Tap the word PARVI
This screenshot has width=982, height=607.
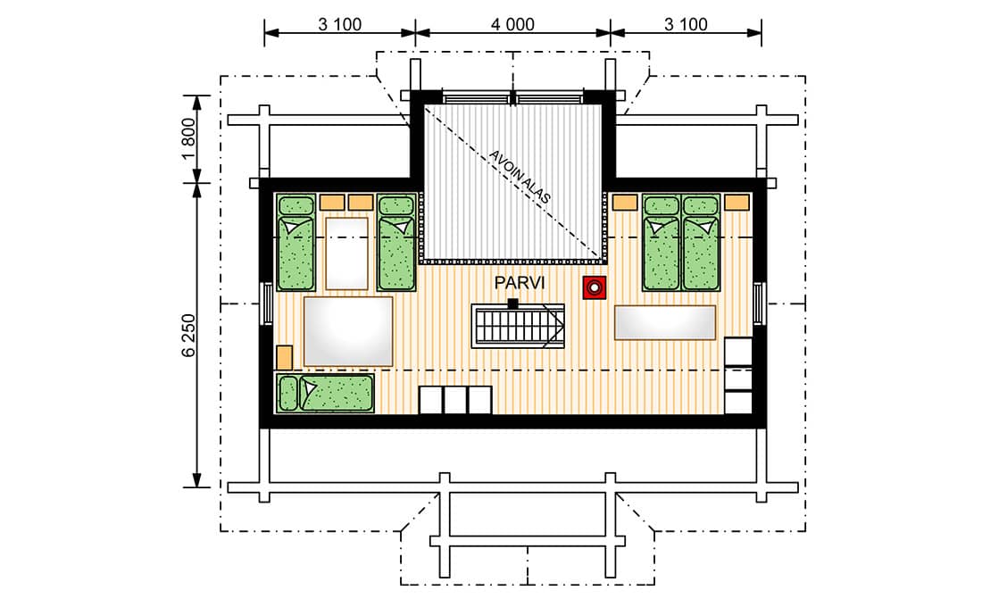(520, 283)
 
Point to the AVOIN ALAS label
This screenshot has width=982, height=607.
(520, 177)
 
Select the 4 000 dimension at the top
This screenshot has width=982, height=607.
(512, 24)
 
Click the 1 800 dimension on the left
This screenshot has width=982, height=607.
(188, 139)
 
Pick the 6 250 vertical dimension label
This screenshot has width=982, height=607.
(188, 335)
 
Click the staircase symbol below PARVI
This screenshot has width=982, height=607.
(518, 326)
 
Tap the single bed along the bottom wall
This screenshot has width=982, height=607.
(325, 393)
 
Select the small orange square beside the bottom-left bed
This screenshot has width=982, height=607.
(284, 357)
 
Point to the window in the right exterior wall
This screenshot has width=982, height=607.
(760, 304)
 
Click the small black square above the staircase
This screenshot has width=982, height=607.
(513, 303)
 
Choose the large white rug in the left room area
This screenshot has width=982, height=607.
(348, 331)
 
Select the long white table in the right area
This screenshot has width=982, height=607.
(665, 322)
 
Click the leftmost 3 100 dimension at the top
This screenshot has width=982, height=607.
(340, 24)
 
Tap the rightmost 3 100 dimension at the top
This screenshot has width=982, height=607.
(686, 24)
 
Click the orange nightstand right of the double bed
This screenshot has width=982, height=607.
(737, 203)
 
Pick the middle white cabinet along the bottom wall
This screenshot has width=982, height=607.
(455, 400)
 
